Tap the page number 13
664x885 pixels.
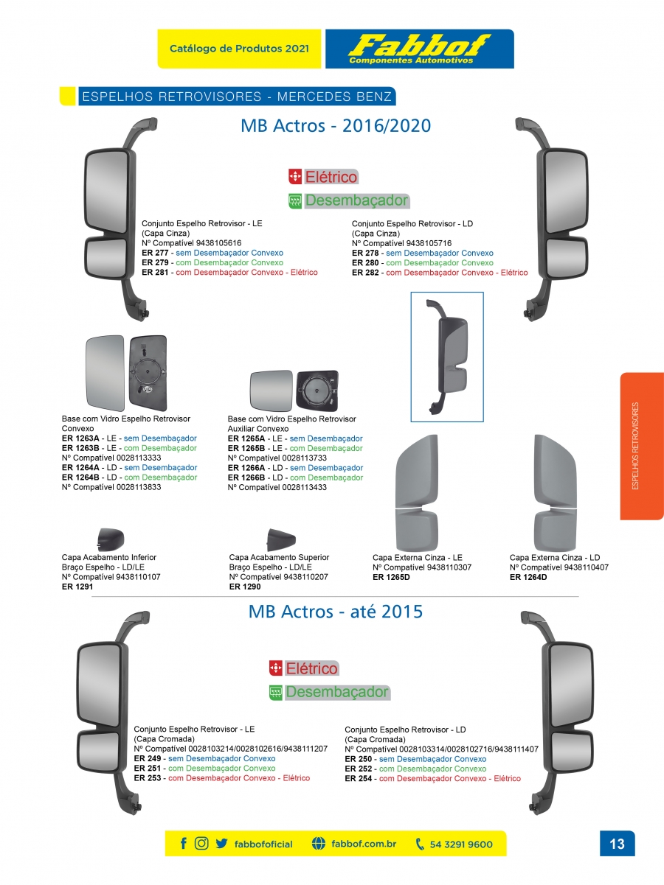point(617,844)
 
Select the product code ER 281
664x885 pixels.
point(155,273)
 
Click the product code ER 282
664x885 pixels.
point(365,273)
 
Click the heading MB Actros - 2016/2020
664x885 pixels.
point(336,126)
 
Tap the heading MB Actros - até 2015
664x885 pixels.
point(336,612)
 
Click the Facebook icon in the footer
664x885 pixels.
point(184,844)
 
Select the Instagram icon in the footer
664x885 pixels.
point(201,844)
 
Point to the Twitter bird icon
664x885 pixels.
point(221,844)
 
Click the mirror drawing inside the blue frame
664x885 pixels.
point(447,357)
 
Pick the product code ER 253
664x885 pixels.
point(147,778)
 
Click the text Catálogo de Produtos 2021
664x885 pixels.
point(239,49)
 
